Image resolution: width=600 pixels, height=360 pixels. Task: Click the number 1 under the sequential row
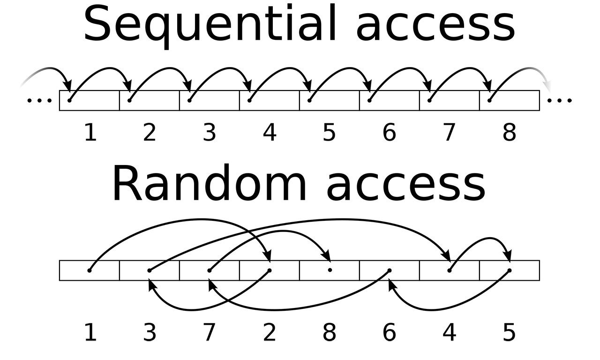click(x=90, y=133)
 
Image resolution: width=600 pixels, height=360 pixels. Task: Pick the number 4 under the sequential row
click(x=270, y=133)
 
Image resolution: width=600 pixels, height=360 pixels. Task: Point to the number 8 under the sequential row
click(x=509, y=133)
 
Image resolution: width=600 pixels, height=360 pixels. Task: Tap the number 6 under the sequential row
click(x=389, y=133)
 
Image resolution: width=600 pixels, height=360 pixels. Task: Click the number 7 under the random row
click(x=210, y=333)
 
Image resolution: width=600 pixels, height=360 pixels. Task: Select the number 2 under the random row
click(x=270, y=333)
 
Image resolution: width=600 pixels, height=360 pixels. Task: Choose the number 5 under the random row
click(x=509, y=333)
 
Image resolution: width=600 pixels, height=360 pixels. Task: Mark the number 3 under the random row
click(x=150, y=333)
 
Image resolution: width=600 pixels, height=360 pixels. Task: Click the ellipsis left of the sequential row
click(x=39, y=100)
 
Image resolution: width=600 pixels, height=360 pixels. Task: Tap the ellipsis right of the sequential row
click(x=560, y=100)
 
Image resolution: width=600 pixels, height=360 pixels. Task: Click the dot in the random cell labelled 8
click(x=330, y=270)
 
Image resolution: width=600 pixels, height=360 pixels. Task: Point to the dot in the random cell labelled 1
click(x=90, y=270)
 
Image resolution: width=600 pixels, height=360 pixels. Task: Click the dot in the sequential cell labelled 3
click(x=189, y=100)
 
